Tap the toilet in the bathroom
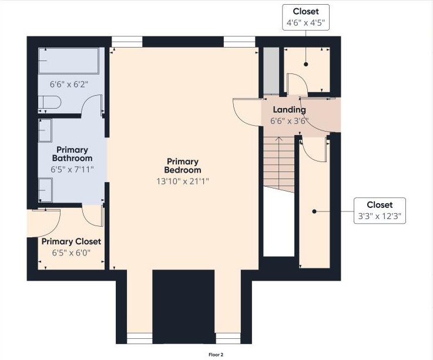pos(50,103)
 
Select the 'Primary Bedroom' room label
pos(183,166)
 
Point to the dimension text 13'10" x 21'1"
pos(183,181)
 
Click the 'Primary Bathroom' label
pos(72,154)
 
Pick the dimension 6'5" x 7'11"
pos(72,170)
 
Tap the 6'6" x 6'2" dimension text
pos(69,84)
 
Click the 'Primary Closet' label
pos(71,241)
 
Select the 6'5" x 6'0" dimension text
pos(71,253)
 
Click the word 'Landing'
pos(289,110)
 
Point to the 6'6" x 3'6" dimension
pos(289,122)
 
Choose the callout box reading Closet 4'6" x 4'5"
pos(306,18)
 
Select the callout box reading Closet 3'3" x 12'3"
pos(379,210)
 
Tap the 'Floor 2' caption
pos(216,355)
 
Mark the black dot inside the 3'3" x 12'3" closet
pos(314,211)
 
